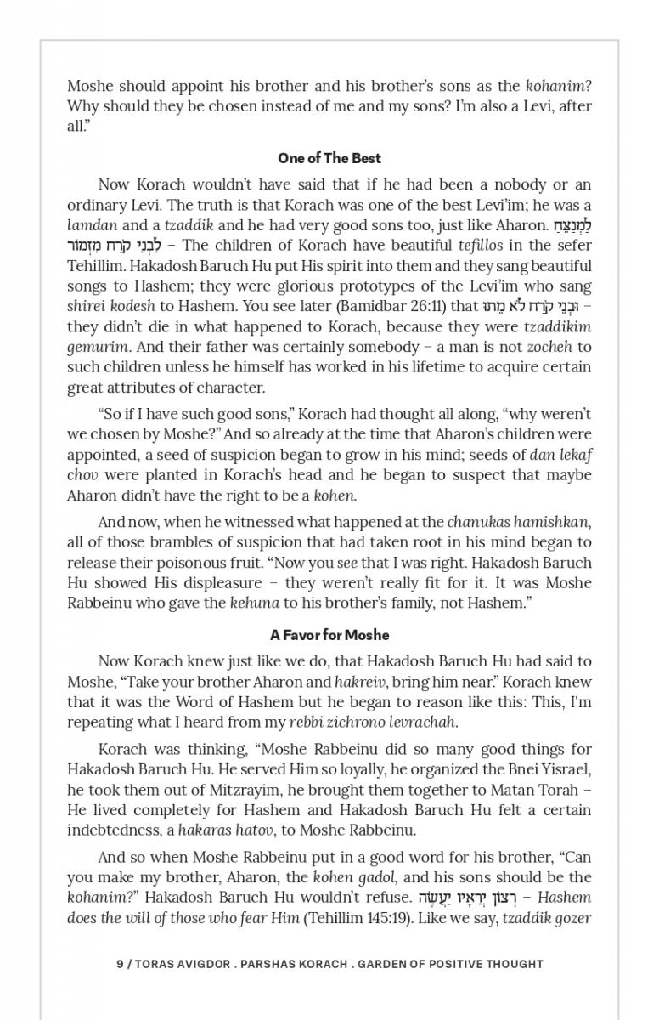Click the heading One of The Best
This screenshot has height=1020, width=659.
pyautogui.click(x=329, y=158)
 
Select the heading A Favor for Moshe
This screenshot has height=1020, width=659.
pyautogui.click(x=329, y=635)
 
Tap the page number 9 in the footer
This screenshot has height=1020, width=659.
pyautogui.click(x=120, y=964)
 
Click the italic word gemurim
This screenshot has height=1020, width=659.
pyautogui.click(x=98, y=348)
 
